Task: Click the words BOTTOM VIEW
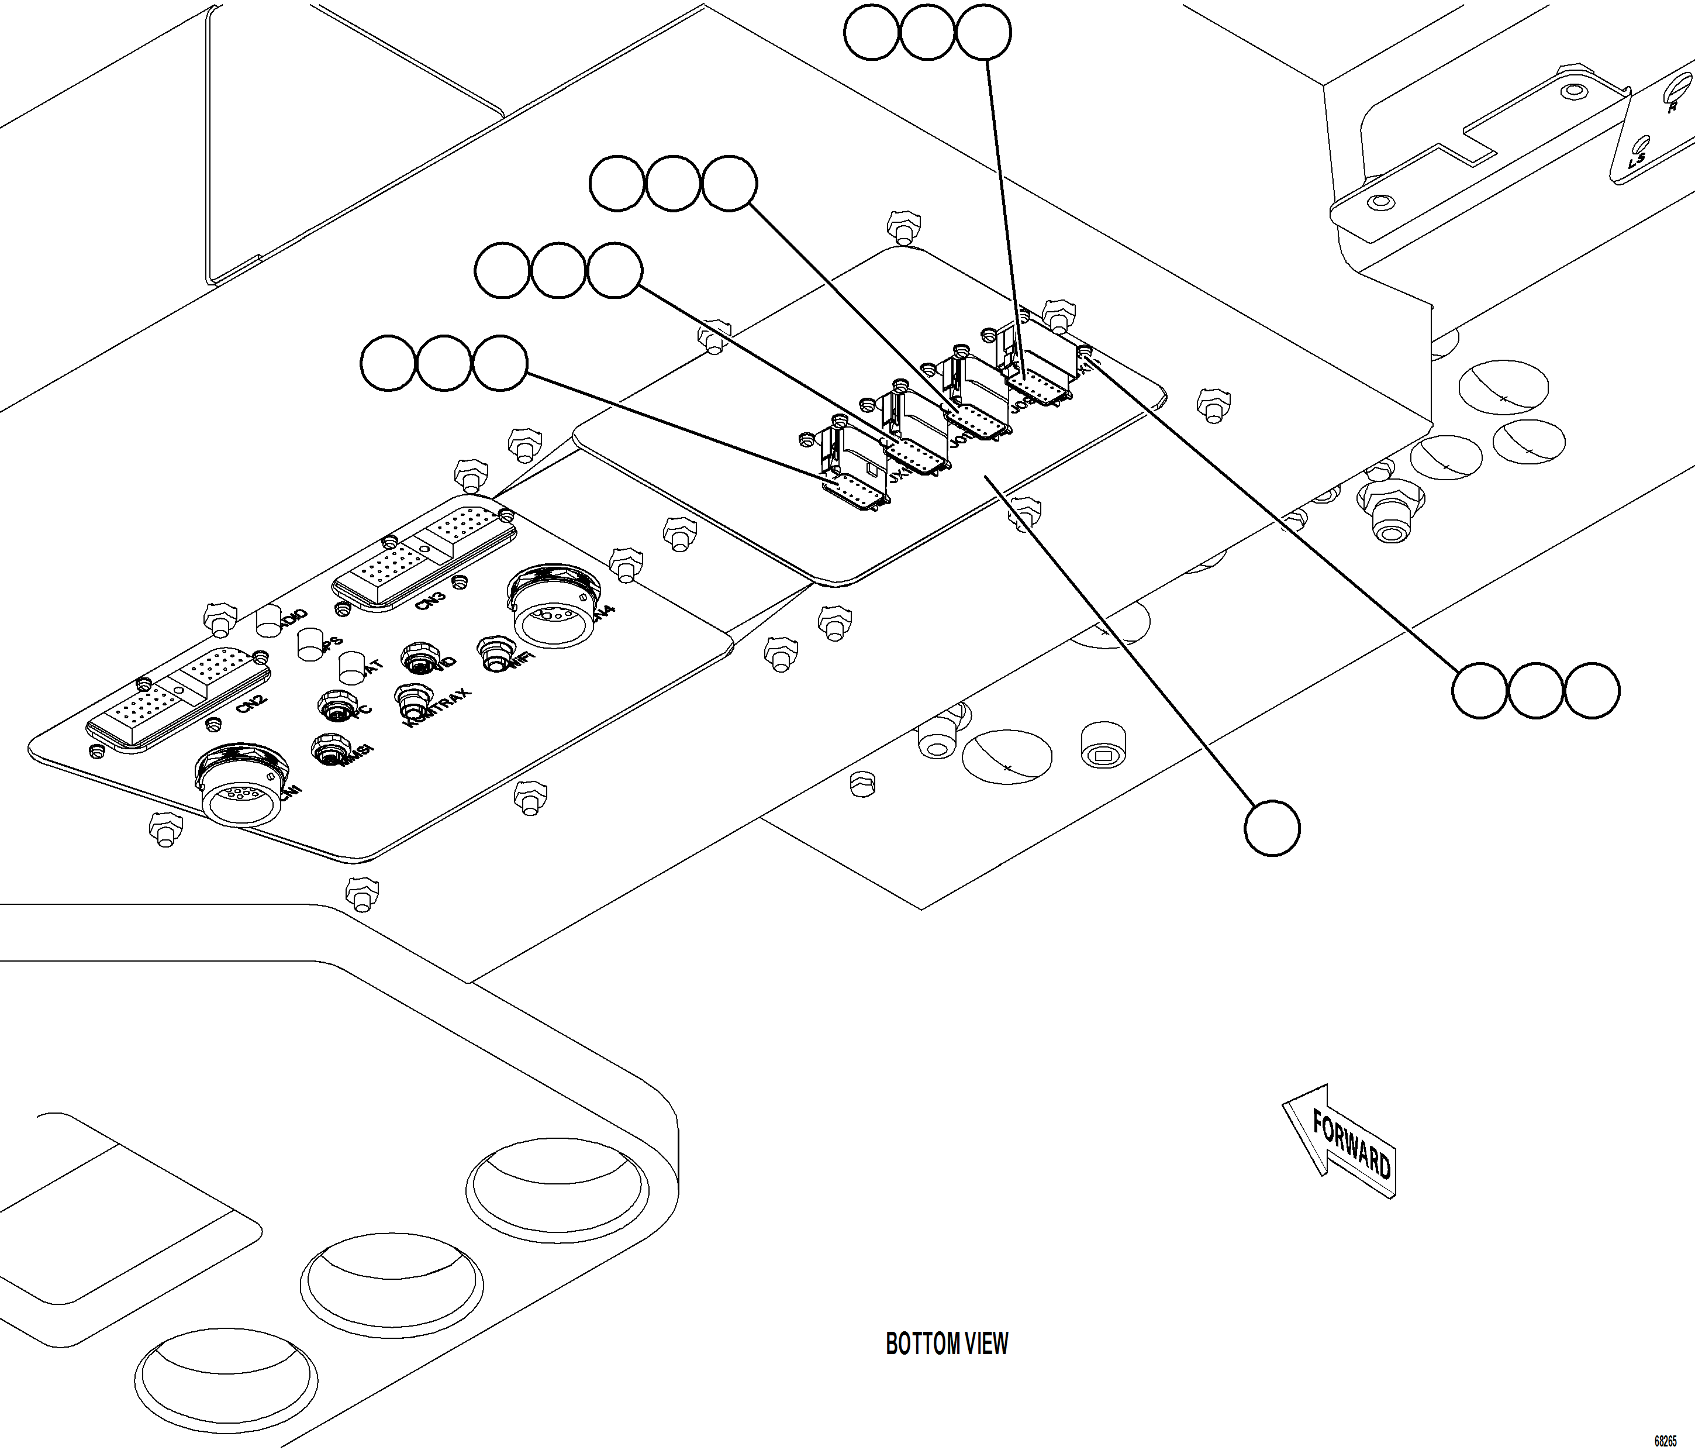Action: point(947,1344)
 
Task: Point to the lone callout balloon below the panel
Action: point(1272,828)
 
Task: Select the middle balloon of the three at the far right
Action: point(1535,691)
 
